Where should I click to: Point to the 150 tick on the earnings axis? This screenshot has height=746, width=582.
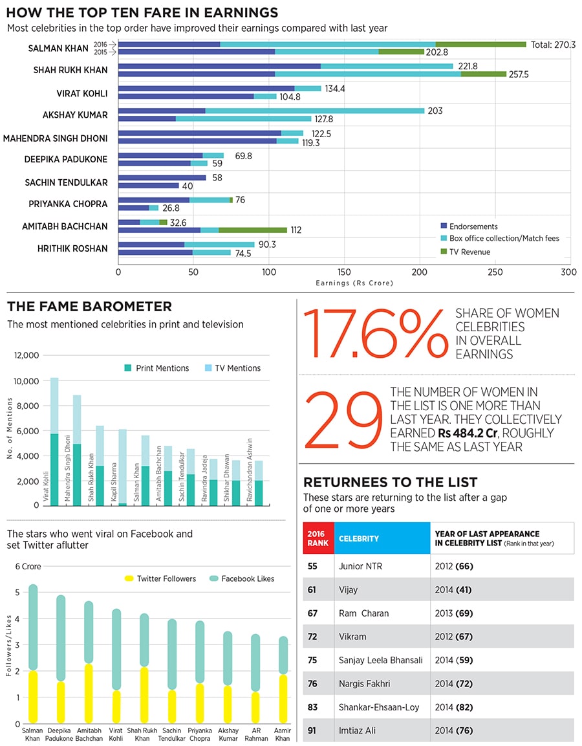tap(344, 272)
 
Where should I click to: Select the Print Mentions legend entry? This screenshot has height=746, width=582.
tap(156, 368)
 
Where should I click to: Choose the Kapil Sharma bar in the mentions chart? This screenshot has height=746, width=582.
tap(122, 466)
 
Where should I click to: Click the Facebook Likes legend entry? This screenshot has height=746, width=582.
tap(241, 578)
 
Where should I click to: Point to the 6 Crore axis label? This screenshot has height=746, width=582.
tap(28, 566)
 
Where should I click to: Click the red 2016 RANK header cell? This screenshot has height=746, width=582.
tap(318, 538)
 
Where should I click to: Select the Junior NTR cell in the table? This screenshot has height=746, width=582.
tap(360, 566)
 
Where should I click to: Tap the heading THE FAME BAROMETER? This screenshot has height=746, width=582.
tap(89, 307)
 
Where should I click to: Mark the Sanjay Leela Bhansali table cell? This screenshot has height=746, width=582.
tap(380, 660)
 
